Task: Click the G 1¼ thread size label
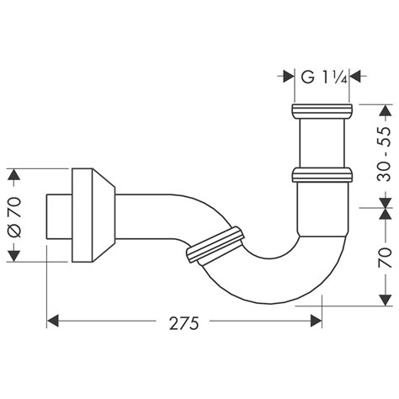tap(320, 77)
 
